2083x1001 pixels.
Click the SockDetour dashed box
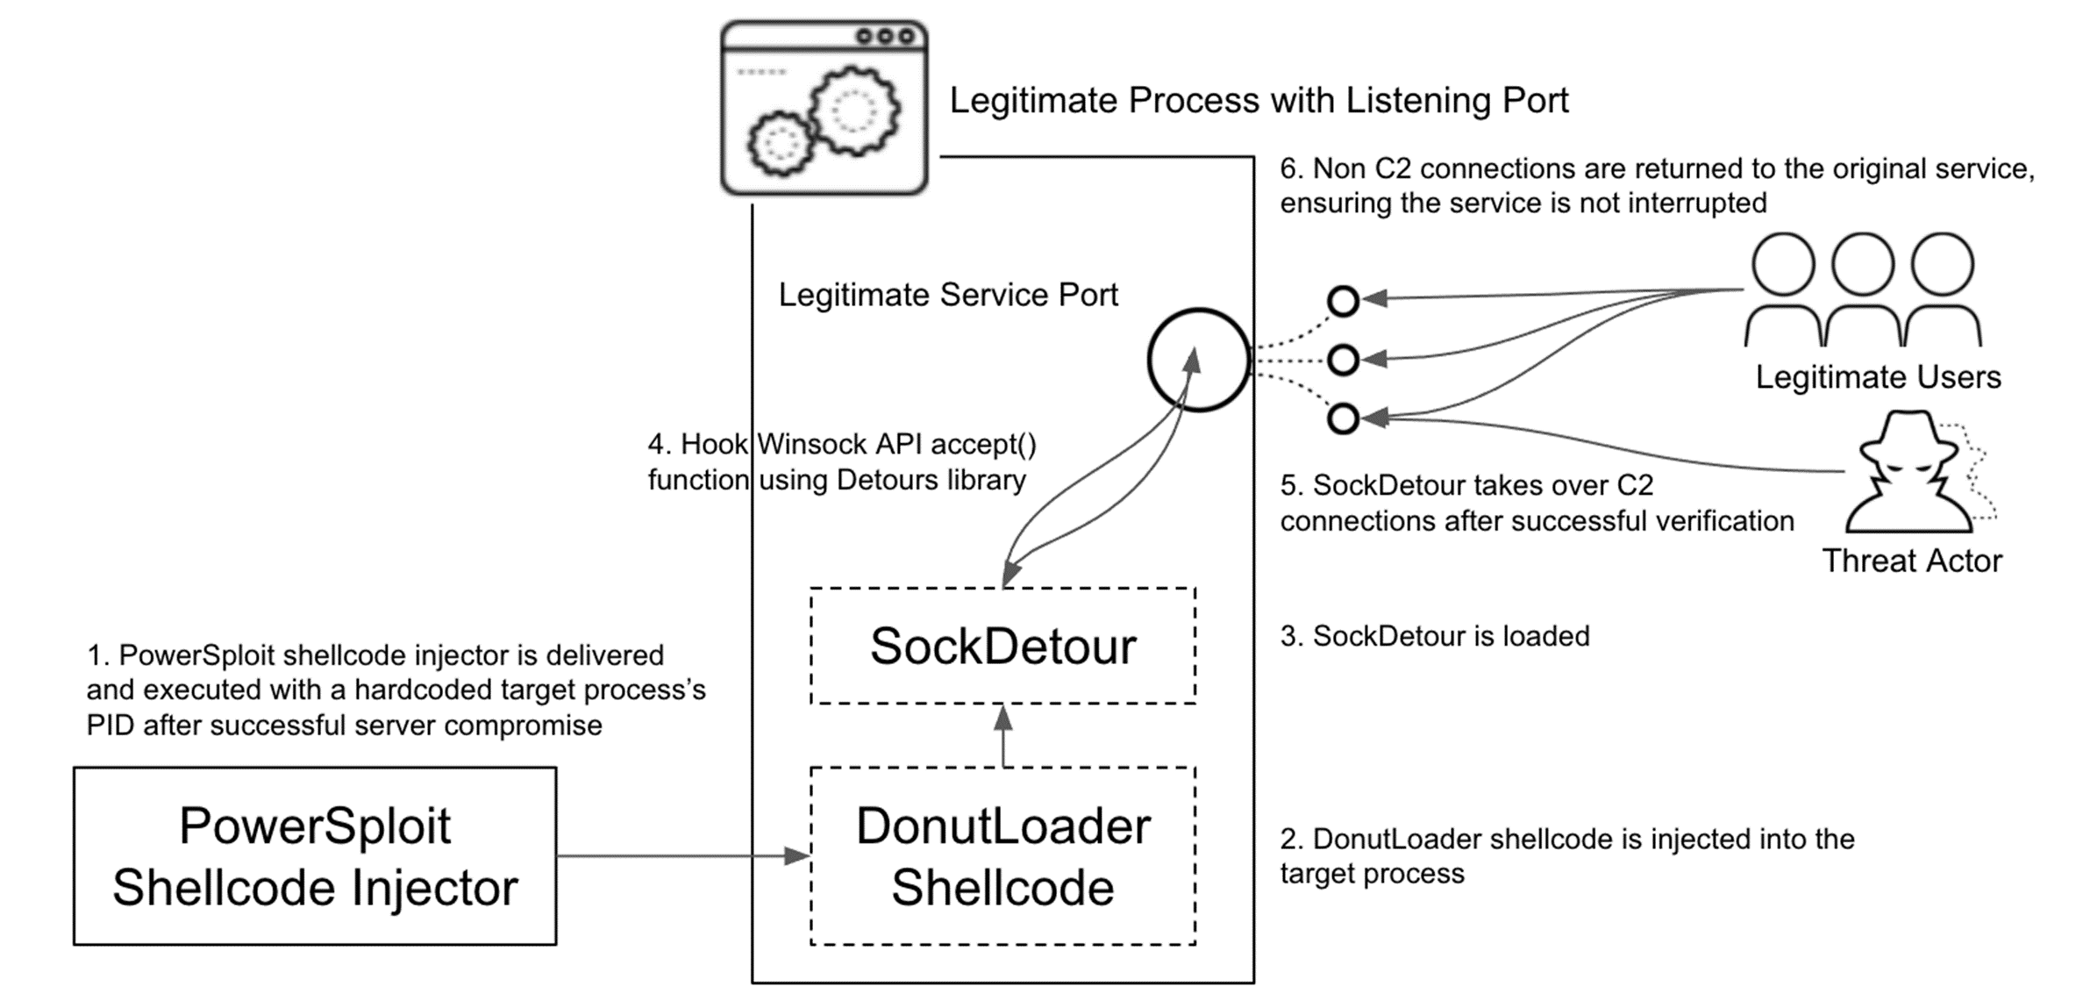point(1002,646)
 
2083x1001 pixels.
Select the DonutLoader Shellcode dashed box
point(1002,856)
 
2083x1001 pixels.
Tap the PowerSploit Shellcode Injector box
point(315,856)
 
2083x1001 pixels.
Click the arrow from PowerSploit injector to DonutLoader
point(683,855)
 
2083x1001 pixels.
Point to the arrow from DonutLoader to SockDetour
point(1003,736)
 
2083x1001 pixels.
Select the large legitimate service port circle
point(1199,360)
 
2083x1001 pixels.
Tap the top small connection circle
point(1343,301)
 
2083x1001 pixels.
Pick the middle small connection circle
point(1343,360)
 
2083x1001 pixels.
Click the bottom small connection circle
point(1343,418)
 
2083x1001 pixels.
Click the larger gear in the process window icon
point(853,111)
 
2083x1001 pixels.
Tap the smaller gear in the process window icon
point(779,144)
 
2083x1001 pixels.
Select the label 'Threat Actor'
point(1912,561)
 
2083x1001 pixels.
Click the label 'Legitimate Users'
point(1878,377)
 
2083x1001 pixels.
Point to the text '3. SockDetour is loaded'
point(1435,636)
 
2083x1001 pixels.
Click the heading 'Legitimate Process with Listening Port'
point(1259,101)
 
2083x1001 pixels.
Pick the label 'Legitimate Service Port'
point(948,295)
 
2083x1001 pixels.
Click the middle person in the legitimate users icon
point(1863,290)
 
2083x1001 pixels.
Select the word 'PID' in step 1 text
point(111,726)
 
